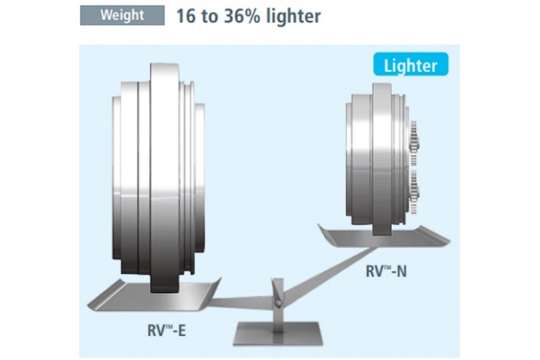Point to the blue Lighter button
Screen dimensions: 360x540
(410, 66)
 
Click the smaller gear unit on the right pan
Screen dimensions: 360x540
(377, 162)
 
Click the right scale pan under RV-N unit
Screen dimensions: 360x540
(382, 235)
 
